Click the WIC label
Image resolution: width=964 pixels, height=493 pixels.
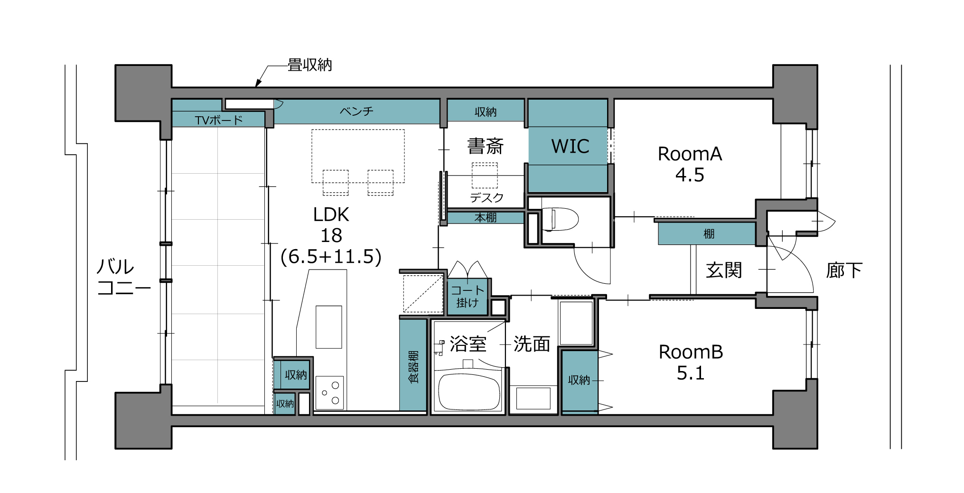click(570, 146)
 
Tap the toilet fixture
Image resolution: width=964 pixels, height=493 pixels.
click(560, 219)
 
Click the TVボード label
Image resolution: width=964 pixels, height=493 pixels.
click(219, 120)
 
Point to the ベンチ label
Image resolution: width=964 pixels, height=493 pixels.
click(356, 112)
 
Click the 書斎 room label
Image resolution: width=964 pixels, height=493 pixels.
click(485, 146)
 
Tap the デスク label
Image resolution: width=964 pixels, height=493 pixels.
click(487, 197)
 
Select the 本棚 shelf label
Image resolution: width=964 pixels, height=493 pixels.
click(486, 218)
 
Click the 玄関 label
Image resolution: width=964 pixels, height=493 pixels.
click(724, 270)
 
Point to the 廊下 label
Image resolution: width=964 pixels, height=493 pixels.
click(844, 270)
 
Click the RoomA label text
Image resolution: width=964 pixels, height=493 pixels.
click(690, 154)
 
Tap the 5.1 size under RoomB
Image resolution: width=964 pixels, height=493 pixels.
click(691, 373)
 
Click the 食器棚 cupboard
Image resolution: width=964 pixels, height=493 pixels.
click(413, 365)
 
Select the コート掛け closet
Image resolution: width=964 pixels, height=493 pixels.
click(468, 297)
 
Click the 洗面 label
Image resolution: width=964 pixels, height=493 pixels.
click(532, 344)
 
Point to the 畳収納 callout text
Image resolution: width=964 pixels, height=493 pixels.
click(309, 65)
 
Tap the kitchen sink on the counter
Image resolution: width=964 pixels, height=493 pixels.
click(329, 327)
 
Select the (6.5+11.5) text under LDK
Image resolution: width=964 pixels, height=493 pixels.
click(331, 257)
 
